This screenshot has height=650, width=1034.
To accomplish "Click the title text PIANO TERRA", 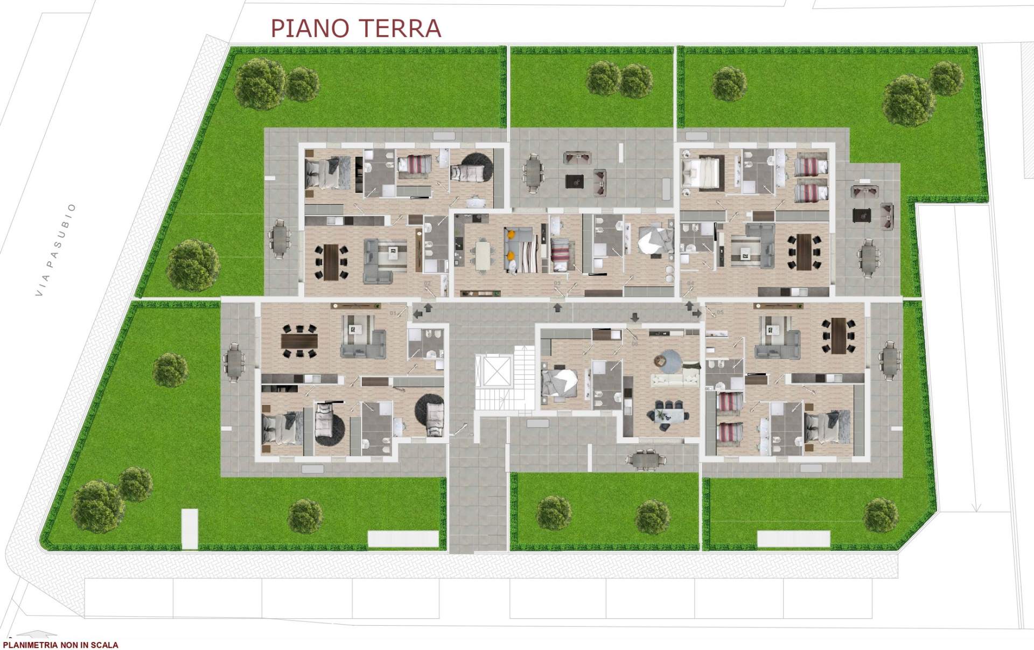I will pyautogui.click(x=355, y=29).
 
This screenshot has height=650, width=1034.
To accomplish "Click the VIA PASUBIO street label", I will pyautogui.click(x=55, y=250).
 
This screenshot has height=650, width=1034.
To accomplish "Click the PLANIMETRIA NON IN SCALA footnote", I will pyautogui.click(x=60, y=645).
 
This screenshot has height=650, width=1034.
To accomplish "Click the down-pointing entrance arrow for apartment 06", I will pyautogui.click(x=635, y=316).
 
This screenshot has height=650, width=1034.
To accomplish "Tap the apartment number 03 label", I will pyautogui.click(x=557, y=283).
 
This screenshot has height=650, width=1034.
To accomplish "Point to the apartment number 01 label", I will pyautogui.click(x=393, y=313).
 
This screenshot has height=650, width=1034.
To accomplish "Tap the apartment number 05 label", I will pyautogui.click(x=720, y=312).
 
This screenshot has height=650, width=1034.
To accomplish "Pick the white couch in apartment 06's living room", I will pyautogui.click(x=675, y=380).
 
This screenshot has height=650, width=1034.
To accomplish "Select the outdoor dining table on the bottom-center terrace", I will pyautogui.click(x=645, y=459).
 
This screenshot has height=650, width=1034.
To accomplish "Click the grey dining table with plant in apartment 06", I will pyautogui.click(x=668, y=415).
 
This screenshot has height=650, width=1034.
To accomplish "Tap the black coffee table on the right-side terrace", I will pyautogui.click(x=862, y=215).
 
